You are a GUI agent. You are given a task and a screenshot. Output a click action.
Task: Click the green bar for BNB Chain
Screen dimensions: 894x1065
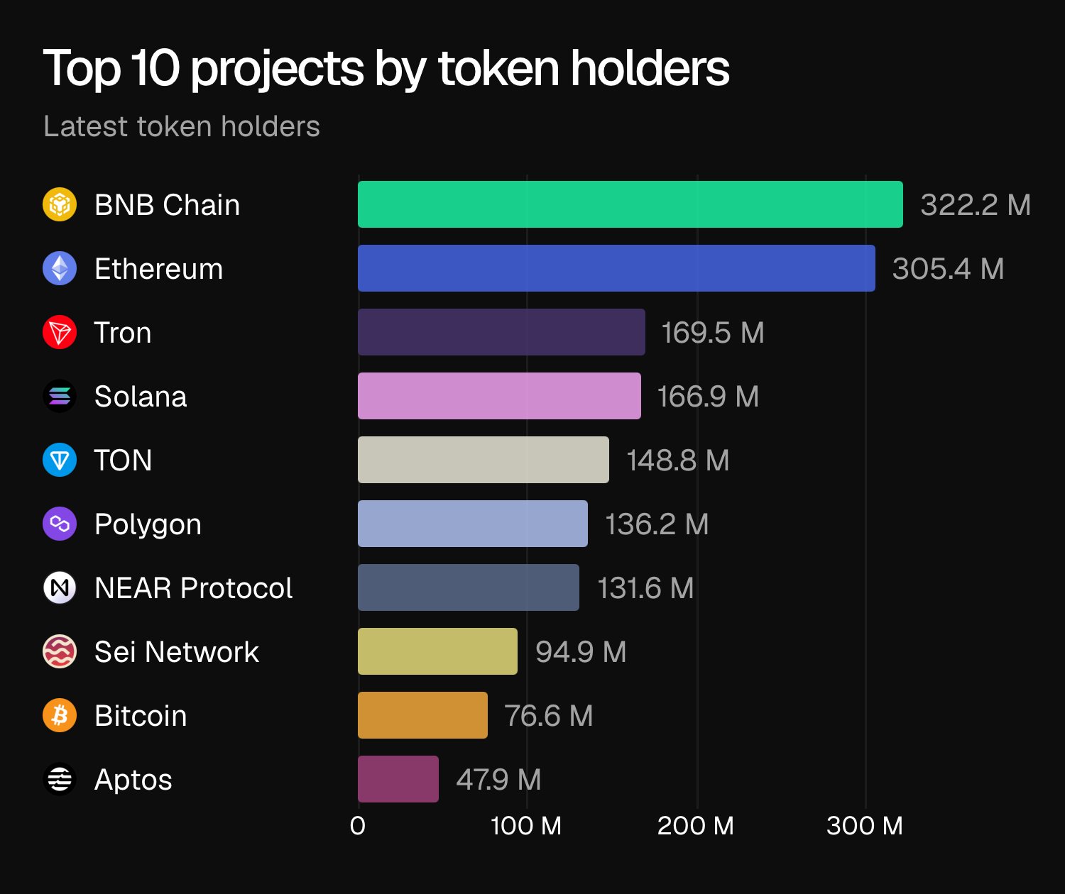click(630, 204)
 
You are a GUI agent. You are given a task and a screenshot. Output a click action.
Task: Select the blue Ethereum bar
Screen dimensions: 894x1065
click(616, 268)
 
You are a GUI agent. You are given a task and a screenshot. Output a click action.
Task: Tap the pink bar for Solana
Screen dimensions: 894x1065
click(499, 396)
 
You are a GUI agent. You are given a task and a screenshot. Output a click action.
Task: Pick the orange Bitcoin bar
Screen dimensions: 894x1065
click(422, 715)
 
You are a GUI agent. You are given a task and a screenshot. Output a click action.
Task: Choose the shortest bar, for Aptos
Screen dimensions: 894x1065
click(398, 779)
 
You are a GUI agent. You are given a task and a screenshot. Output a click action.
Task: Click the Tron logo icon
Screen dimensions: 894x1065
click(60, 332)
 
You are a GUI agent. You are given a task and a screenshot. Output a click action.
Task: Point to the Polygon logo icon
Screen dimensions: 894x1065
click(60, 524)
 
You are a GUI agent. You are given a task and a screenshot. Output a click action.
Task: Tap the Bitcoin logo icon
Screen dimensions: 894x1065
click(60, 715)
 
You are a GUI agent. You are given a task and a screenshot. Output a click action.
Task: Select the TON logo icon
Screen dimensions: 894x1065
click(60, 460)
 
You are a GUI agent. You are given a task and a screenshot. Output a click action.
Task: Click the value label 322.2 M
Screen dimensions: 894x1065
click(976, 205)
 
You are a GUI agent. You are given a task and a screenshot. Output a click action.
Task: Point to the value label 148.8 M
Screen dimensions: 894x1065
click(677, 460)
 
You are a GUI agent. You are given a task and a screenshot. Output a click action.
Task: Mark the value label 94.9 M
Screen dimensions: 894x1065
click(581, 652)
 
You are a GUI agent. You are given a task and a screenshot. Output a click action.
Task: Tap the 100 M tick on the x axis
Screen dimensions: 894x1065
click(526, 826)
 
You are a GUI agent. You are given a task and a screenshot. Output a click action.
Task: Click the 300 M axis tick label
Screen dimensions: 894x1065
click(865, 826)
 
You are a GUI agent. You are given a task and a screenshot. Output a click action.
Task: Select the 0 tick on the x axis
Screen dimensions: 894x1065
click(358, 826)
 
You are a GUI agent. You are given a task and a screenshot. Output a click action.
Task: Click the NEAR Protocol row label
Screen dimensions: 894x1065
click(193, 588)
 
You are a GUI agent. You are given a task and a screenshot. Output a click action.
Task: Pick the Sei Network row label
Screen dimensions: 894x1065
click(177, 652)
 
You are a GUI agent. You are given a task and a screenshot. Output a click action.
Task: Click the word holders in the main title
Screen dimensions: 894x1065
click(650, 68)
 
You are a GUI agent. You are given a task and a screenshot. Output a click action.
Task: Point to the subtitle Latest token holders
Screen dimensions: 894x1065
click(182, 126)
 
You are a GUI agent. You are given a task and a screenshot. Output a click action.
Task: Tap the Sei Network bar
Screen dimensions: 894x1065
click(437, 651)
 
